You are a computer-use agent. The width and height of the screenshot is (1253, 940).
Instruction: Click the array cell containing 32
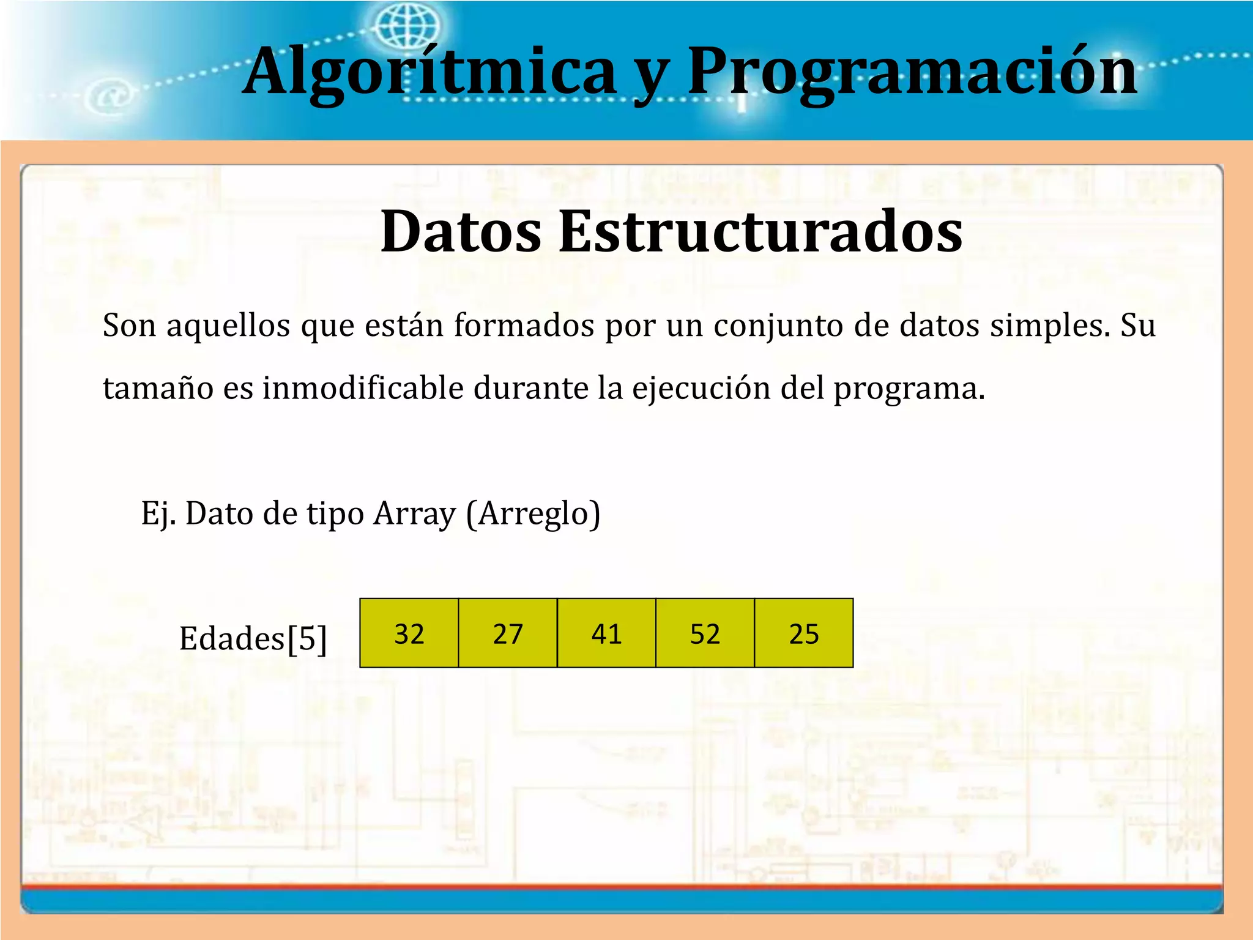409,633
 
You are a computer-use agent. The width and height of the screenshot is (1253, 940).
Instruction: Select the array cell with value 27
508,633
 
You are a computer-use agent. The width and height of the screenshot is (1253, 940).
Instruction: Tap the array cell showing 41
606,633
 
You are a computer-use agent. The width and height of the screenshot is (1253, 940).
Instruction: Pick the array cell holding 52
705,633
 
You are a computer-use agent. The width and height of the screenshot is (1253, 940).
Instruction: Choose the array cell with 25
804,633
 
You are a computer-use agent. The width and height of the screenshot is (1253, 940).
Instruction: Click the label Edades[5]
253,639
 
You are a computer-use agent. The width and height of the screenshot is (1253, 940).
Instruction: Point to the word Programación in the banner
912,72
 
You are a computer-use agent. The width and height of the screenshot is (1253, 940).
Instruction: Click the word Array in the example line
415,513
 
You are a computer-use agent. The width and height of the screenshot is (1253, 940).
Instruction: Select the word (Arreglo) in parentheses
533,513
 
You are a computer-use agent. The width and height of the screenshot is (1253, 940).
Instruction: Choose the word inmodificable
363,389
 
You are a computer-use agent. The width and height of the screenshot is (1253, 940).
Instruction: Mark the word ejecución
701,389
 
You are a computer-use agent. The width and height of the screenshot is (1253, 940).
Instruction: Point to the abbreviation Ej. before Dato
158,513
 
